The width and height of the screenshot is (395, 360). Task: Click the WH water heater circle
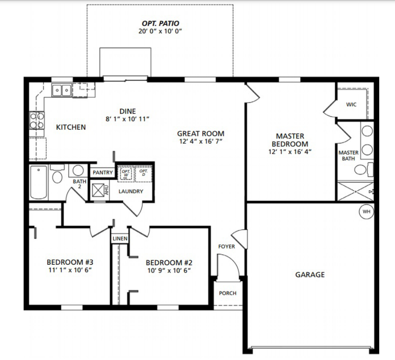coord(366,212)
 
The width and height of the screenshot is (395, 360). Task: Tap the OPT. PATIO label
coord(160,24)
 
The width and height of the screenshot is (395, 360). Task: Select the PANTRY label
coord(102,172)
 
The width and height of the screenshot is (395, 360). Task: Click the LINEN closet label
coord(120,239)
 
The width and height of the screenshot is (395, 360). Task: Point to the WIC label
coord(351,104)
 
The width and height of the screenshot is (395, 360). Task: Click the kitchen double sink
coord(62,90)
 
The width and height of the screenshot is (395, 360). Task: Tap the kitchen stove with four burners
coord(37,120)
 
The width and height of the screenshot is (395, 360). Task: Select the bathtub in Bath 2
coord(39,182)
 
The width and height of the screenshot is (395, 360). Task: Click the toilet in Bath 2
coord(57,174)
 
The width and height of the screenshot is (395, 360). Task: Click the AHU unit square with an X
coord(98,190)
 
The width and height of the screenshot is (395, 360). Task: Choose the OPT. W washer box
coord(126,174)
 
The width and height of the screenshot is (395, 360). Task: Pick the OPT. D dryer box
coord(143,174)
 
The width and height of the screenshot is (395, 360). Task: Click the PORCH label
coord(228,293)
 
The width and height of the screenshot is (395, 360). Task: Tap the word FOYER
coord(226,246)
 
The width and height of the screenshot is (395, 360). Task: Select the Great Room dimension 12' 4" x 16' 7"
coord(201,141)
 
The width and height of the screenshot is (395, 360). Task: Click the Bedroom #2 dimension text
coord(169,271)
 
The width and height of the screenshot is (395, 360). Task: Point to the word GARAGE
coord(310,275)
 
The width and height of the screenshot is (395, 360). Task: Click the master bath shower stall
coord(355,192)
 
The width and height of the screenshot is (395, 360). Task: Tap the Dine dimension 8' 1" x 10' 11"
coord(128,119)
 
